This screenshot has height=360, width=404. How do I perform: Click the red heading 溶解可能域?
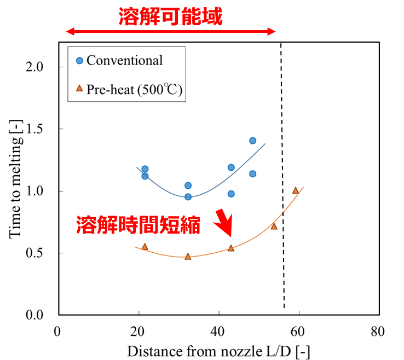point(171,16)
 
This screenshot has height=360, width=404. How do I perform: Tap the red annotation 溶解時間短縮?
point(138,225)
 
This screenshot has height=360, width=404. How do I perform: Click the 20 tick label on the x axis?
point(138,331)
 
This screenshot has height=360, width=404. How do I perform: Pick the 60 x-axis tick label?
point(299,331)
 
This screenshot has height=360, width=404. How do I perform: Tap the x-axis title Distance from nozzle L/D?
point(218,351)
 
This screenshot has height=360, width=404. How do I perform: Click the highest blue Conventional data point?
point(252,141)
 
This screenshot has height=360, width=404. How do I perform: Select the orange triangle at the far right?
point(296,190)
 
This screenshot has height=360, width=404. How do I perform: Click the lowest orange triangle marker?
point(188,256)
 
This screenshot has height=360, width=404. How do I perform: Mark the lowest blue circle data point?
point(188,196)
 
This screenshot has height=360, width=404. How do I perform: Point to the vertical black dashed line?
point(283,181)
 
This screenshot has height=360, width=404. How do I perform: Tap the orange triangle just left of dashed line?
point(274,226)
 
